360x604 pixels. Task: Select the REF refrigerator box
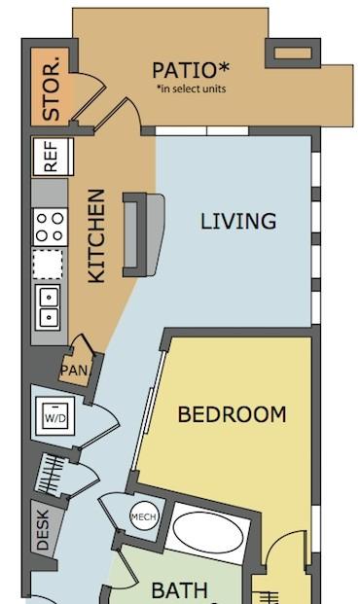[50, 157]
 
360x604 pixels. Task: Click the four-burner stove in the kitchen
[50, 227]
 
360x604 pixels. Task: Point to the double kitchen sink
[50, 306]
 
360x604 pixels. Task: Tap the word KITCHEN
[96, 236]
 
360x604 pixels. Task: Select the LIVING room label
[238, 221]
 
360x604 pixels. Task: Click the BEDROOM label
[232, 414]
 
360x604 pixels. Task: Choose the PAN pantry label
[73, 371]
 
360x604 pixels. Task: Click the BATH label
[179, 589]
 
